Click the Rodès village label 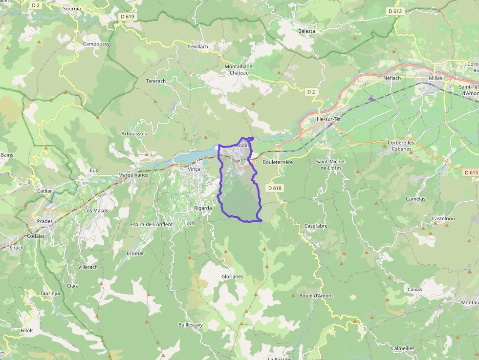click(243, 145)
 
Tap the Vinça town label click(194, 169)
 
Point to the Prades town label click(45, 221)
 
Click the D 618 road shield click(276, 188)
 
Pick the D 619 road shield click(127, 17)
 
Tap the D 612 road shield click(394, 11)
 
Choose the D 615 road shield click(471, 172)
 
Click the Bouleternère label click(277, 162)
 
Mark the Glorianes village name click(232, 276)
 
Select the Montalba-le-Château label click(239, 69)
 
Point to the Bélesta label click(306, 31)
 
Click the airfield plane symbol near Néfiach click(371, 98)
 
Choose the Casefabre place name click(316, 226)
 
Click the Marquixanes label click(133, 174)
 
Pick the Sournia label click(72, 9)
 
